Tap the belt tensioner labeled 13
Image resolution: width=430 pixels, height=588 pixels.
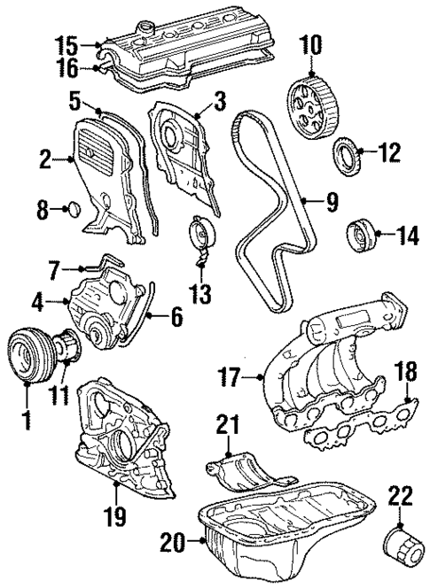click(x=201, y=239)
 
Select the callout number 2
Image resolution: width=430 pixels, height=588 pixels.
click(x=43, y=159)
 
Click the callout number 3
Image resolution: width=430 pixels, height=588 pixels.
click(x=219, y=98)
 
